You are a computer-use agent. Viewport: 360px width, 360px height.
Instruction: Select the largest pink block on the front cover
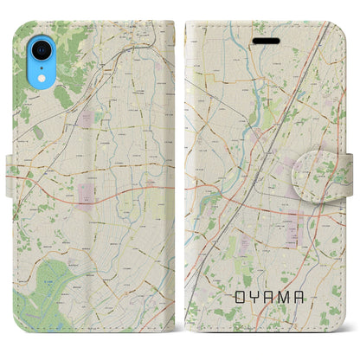point(292,226)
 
